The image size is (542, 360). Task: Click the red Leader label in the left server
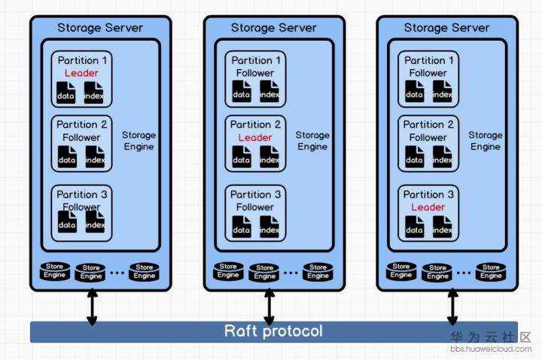(81, 73)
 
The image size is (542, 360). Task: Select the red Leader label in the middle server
(255, 138)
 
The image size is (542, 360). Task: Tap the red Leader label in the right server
(428, 207)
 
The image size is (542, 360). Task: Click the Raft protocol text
(273, 331)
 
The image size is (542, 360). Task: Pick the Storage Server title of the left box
(100, 28)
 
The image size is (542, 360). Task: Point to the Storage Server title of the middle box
(273, 28)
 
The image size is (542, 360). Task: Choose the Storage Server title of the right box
(446, 28)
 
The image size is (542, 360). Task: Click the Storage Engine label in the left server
(139, 141)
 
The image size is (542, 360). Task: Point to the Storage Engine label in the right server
(486, 141)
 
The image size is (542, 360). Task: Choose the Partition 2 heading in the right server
(428, 124)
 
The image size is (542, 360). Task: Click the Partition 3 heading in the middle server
(255, 194)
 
